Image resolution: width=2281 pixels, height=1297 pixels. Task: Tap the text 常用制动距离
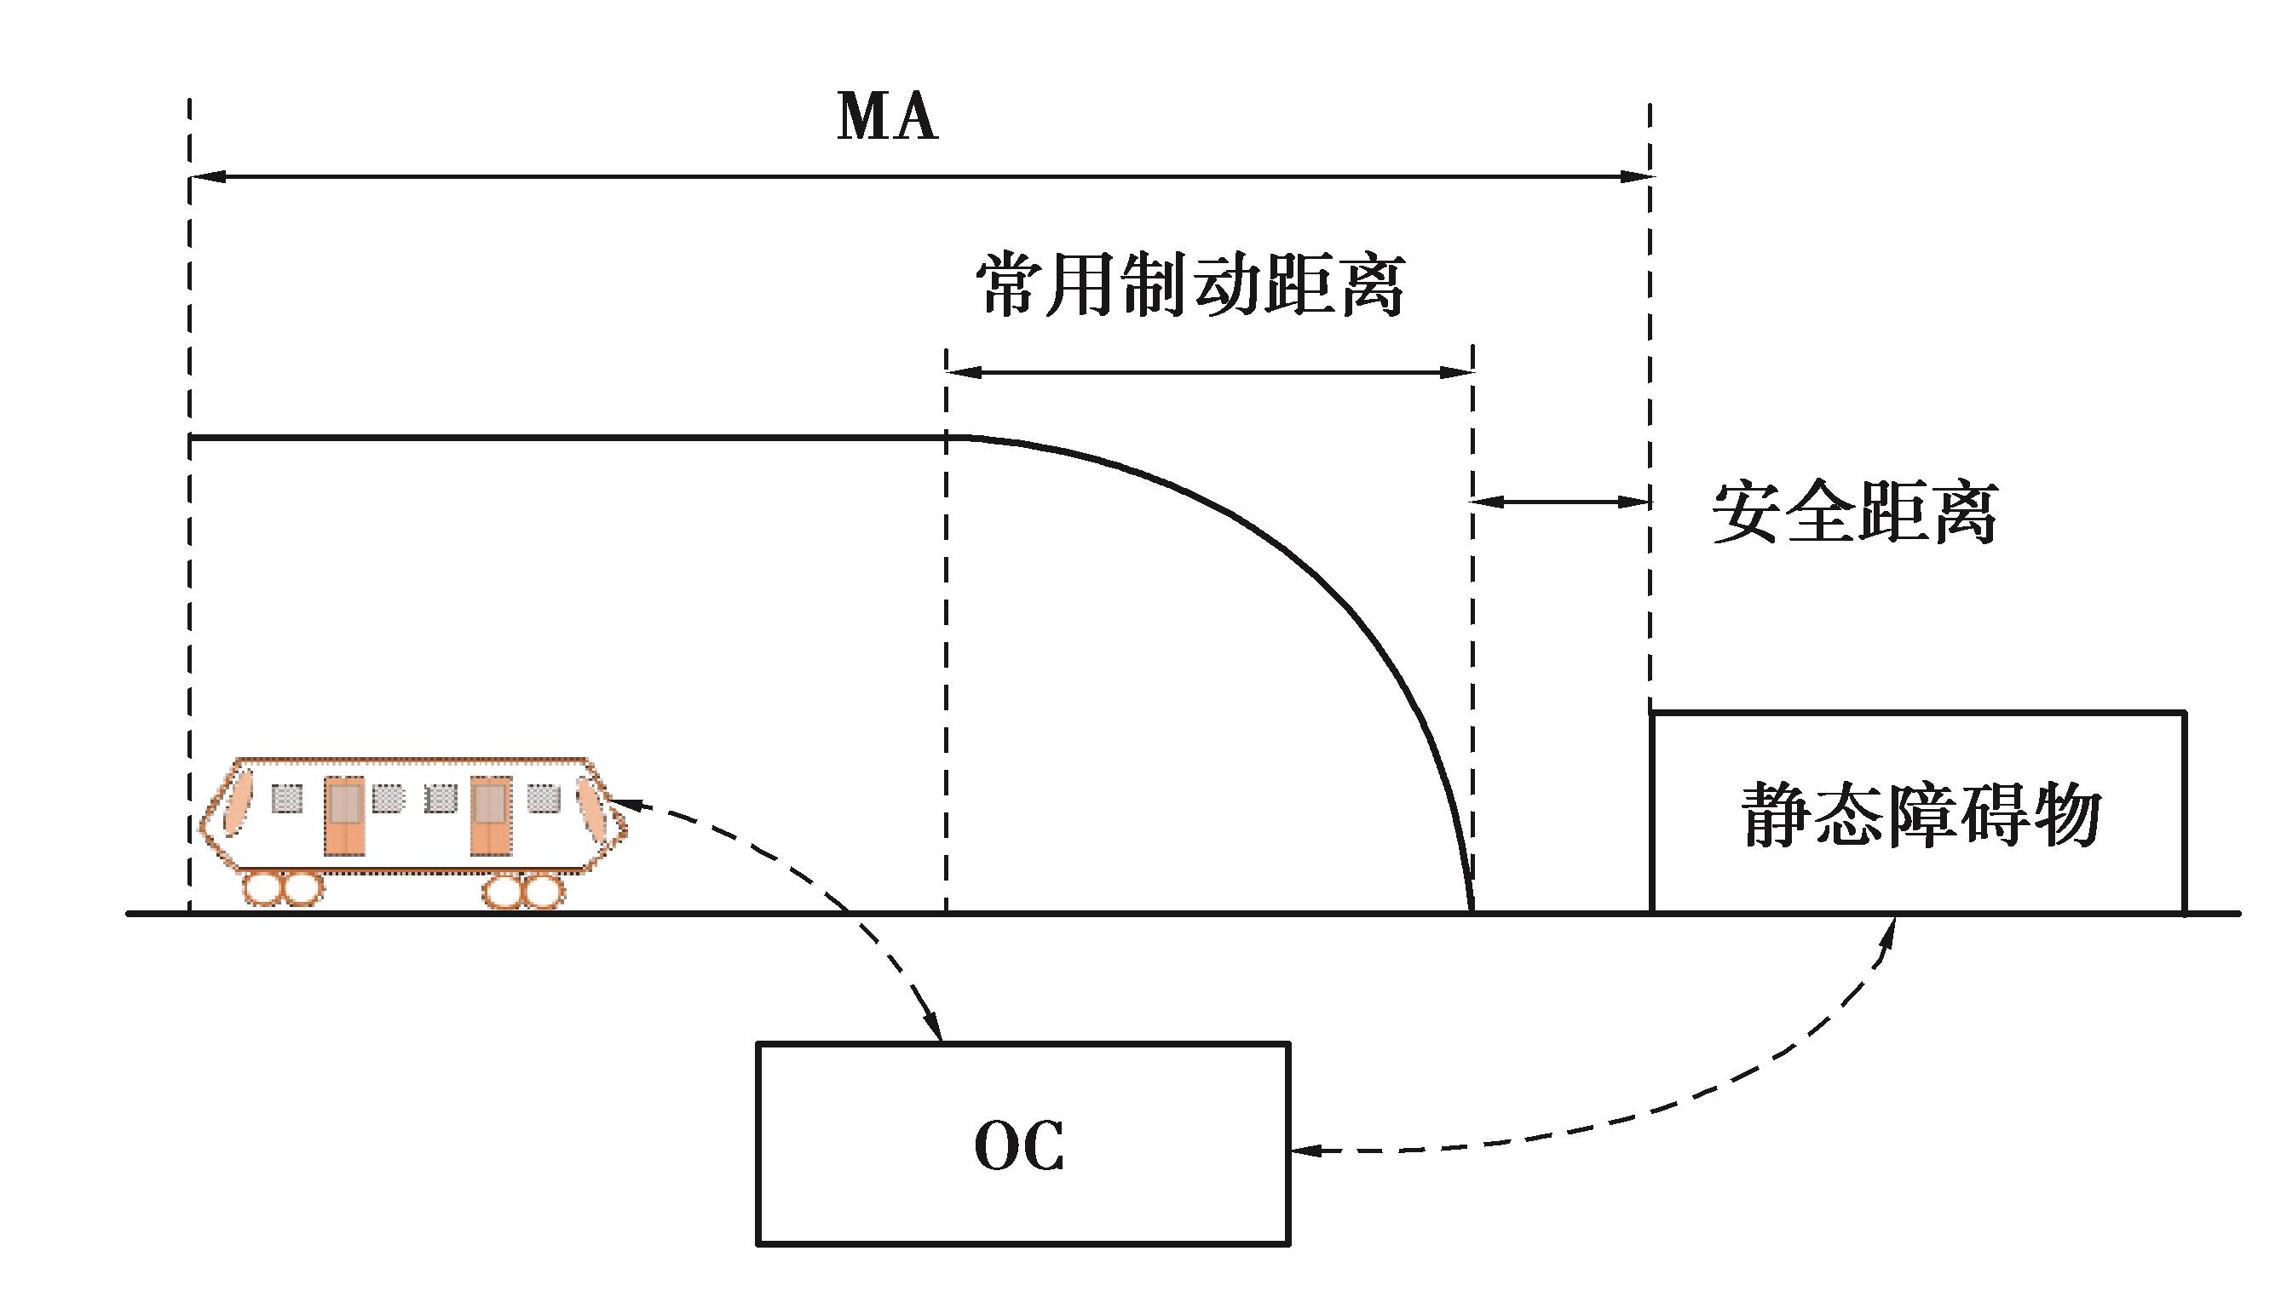click(1190, 285)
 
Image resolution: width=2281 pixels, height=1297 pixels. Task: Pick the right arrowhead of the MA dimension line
click(1638, 176)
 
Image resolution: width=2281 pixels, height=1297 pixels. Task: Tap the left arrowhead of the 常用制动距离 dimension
click(960, 372)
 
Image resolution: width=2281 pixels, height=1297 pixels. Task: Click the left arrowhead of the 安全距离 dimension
click(1484, 502)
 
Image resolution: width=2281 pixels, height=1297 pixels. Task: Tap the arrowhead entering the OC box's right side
click(1303, 1151)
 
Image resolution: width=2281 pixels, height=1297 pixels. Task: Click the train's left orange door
click(344, 816)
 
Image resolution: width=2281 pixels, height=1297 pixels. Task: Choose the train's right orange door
click(490, 816)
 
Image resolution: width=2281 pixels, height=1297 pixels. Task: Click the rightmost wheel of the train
click(543, 892)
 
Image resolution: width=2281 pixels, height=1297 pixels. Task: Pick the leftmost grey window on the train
click(286, 798)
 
